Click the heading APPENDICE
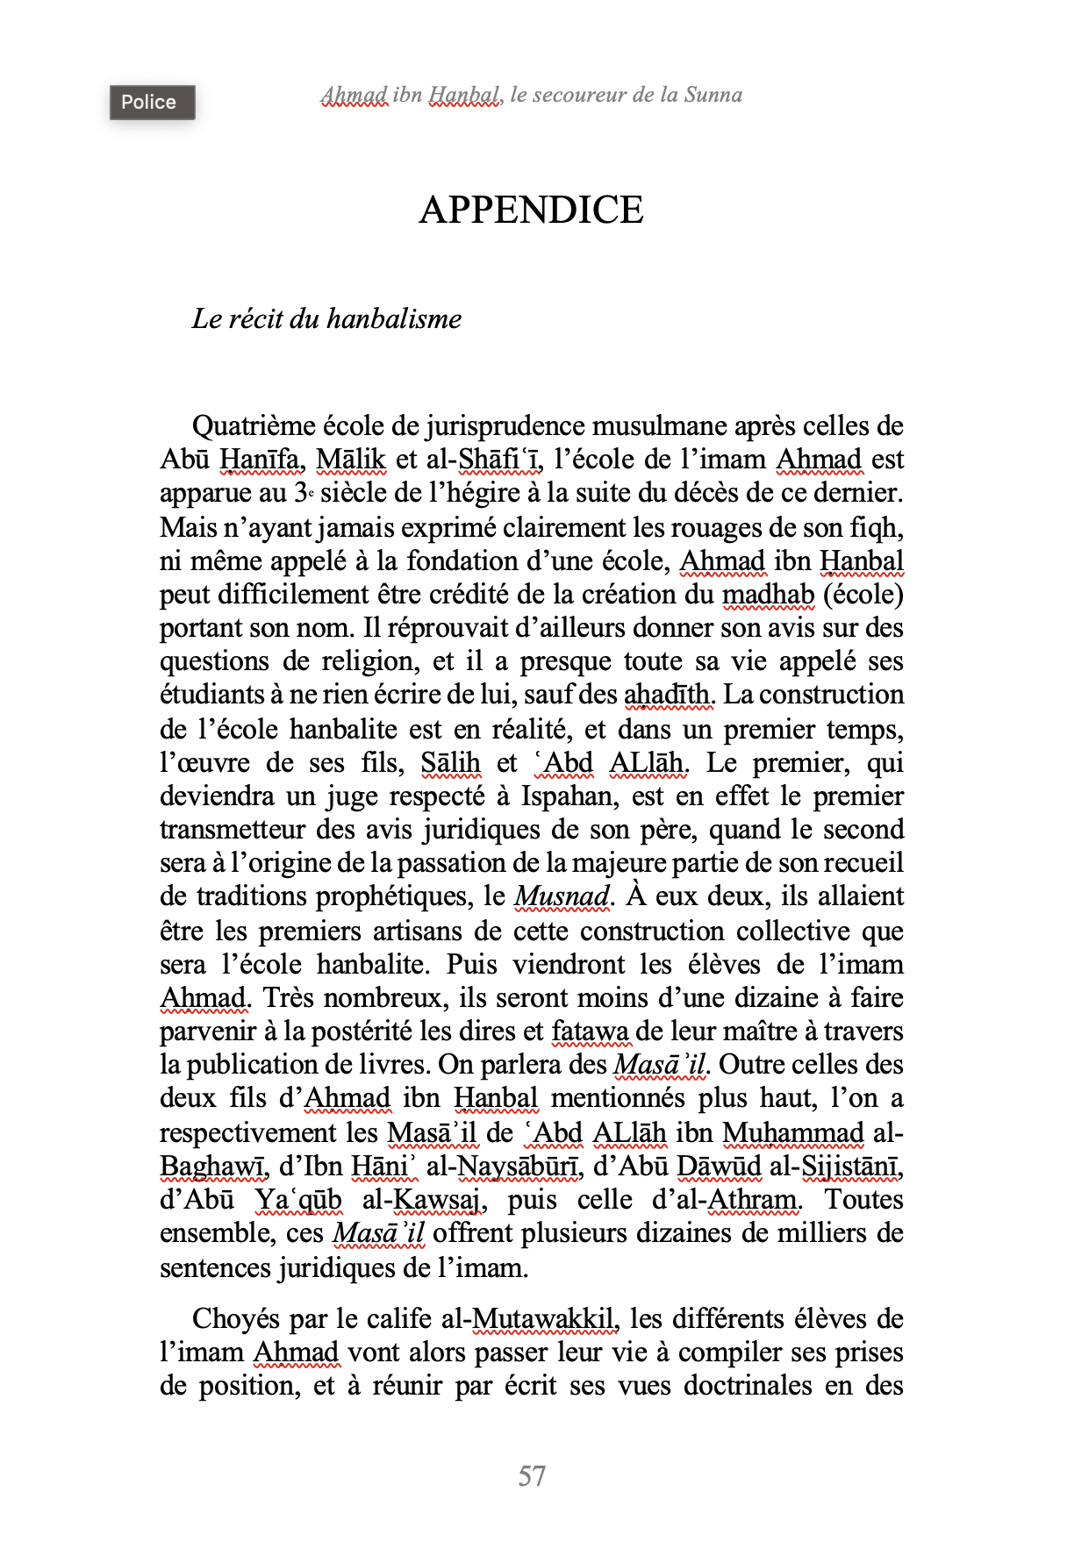[531, 210]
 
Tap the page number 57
[532, 1475]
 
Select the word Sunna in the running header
[713, 95]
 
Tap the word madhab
[768, 595]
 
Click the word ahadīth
[669, 695]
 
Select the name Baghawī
[213, 1167]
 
